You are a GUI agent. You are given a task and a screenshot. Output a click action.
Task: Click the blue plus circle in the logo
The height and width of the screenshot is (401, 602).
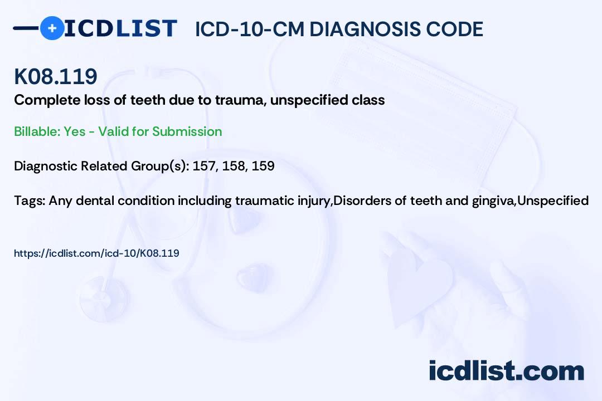pyautogui.click(x=52, y=28)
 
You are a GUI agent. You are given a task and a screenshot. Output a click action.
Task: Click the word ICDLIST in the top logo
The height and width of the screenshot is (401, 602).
pyautogui.click(x=120, y=28)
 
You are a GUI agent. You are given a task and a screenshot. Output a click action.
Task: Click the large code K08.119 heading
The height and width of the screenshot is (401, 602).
pyautogui.click(x=56, y=76)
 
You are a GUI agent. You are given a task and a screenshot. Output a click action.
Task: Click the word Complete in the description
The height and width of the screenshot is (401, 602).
pyautogui.click(x=47, y=100)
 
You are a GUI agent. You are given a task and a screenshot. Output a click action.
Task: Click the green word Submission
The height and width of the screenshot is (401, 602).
pyautogui.click(x=187, y=131)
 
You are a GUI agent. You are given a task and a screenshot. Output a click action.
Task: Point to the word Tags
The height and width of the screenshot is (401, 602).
pyautogui.click(x=30, y=201)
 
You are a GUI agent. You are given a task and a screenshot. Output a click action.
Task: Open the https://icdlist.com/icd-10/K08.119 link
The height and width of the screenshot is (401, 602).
pyautogui.click(x=96, y=253)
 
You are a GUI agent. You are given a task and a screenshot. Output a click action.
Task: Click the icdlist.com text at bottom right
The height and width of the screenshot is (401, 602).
pyautogui.click(x=506, y=371)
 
